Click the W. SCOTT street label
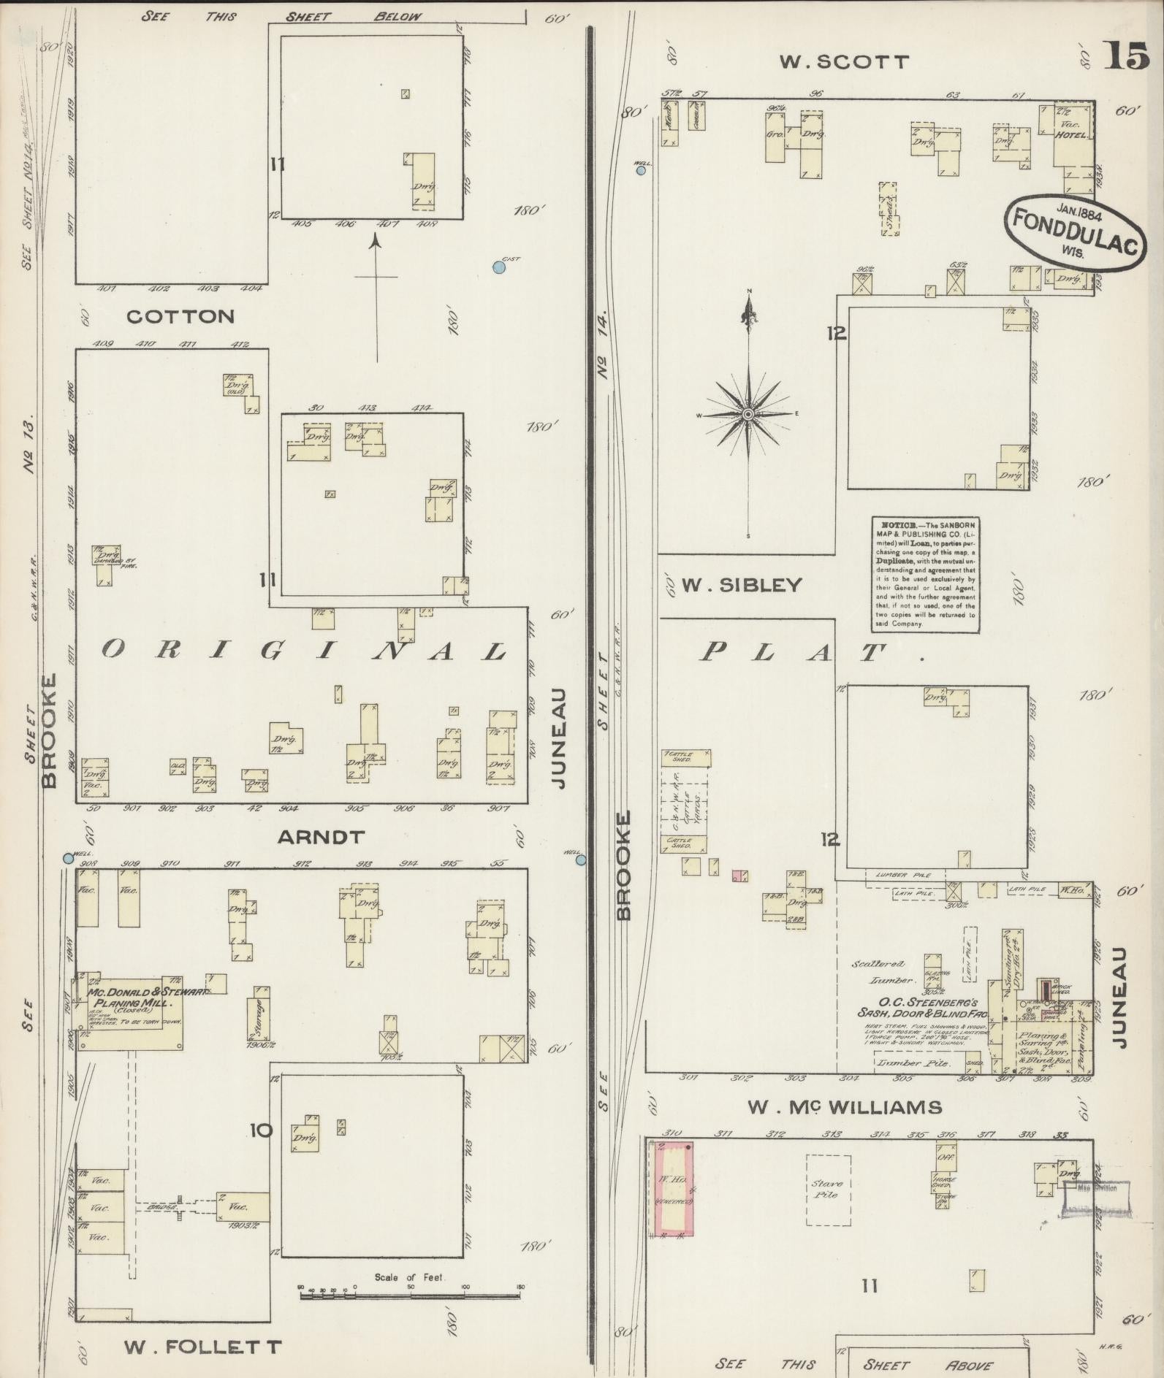pyautogui.click(x=844, y=62)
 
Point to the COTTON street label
pyautogui.click(x=180, y=316)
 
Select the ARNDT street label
pyautogui.click(x=321, y=837)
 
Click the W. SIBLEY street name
pyautogui.click(x=742, y=585)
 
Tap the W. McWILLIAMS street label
pyautogui.click(x=844, y=1107)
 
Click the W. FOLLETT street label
pyautogui.click(x=202, y=1346)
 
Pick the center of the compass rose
pyautogui.click(x=748, y=415)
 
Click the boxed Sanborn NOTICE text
pyautogui.click(x=925, y=575)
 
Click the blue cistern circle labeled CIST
pyautogui.click(x=499, y=267)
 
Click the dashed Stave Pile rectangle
pyautogui.click(x=828, y=1190)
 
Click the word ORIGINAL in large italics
pyautogui.click(x=304, y=651)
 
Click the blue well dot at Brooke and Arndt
pyautogui.click(x=69, y=859)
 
